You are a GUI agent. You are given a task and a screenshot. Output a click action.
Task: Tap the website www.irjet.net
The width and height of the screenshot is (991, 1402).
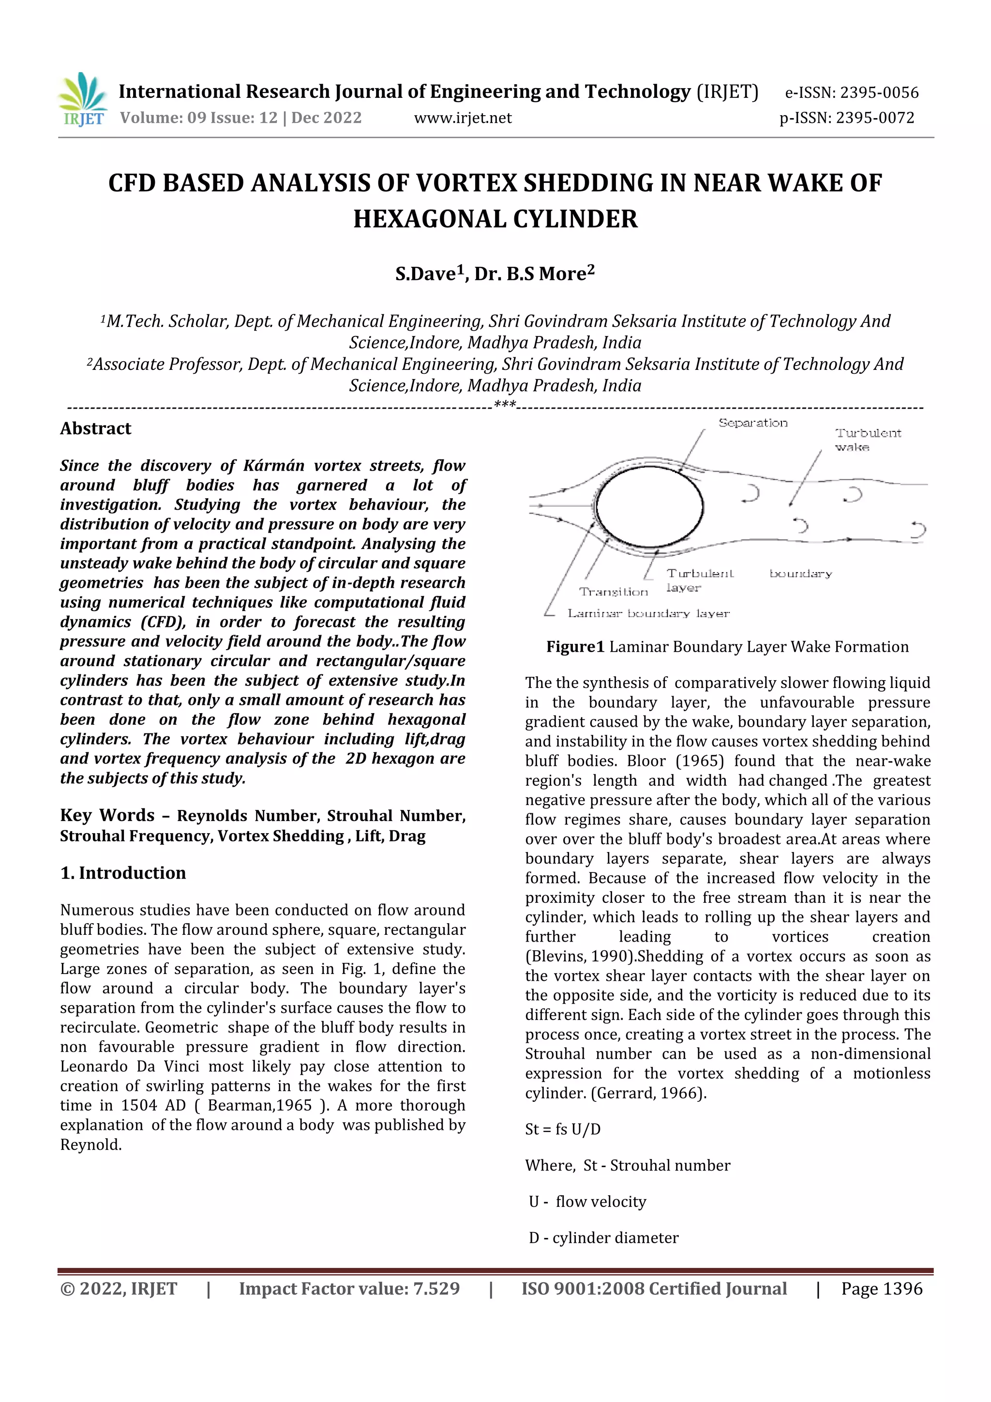click(x=463, y=118)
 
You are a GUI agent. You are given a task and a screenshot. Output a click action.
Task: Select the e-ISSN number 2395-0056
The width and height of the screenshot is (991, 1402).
click(x=879, y=93)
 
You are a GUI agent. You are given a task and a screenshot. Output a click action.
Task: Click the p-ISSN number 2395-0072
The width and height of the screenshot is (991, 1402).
click(x=874, y=118)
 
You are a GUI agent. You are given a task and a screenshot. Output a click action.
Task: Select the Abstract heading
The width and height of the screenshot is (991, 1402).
click(x=96, y=428)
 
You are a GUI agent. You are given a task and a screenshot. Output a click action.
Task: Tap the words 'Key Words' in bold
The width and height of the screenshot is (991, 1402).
click(x=107, y=816)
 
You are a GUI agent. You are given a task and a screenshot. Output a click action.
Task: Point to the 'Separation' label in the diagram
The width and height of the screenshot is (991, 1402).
click(x=752, y=423)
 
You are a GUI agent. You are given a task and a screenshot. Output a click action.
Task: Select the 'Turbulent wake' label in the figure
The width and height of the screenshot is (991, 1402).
click(x=867, y=440)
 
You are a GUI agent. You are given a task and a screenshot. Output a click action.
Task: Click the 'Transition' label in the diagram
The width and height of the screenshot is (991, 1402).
click(x=613, y=592)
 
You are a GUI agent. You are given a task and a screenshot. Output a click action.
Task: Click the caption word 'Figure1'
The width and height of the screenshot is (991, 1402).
click(x=575, y=647)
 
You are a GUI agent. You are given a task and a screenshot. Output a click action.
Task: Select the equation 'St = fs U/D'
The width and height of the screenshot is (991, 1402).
click(x=563, y=1129)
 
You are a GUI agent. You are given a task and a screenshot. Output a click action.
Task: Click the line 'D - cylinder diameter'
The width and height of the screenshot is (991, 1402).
click(x=603, y=1238)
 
